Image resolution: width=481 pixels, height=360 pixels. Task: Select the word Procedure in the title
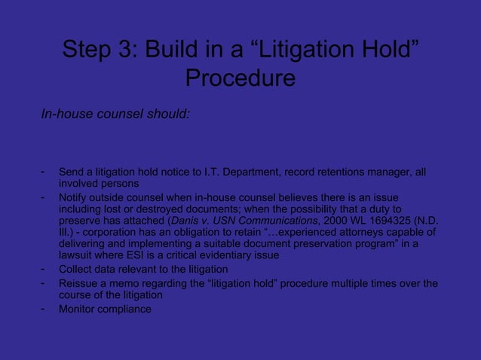pos(240,78)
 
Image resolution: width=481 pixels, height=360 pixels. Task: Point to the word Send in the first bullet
pos(72,174)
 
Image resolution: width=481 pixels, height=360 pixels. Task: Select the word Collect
pos(78,270)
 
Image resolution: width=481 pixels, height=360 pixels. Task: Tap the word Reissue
pos(81,284)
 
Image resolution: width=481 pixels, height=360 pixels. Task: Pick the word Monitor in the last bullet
pos(80,310)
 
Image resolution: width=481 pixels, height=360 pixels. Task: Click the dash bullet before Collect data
pos(44,269)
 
